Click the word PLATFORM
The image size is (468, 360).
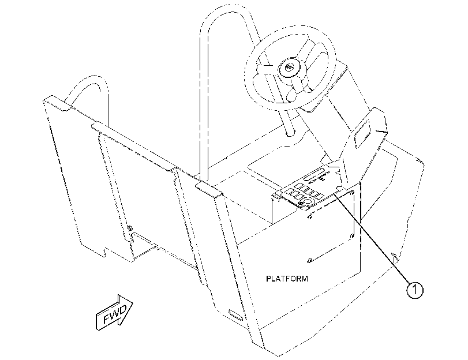coord(287,279)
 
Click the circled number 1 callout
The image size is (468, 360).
coord(415,290)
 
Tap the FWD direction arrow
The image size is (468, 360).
coord(114,313)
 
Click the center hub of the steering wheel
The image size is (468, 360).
coord(289,68)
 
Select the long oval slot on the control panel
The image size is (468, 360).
coord(314,175)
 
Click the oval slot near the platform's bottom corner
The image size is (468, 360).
coord(235,314)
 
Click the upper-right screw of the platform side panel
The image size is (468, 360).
coord(353,193)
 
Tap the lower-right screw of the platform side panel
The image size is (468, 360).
coord(351,237)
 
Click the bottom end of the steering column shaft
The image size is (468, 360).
coord(290,133)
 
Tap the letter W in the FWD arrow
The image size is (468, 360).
coord(115,313)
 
